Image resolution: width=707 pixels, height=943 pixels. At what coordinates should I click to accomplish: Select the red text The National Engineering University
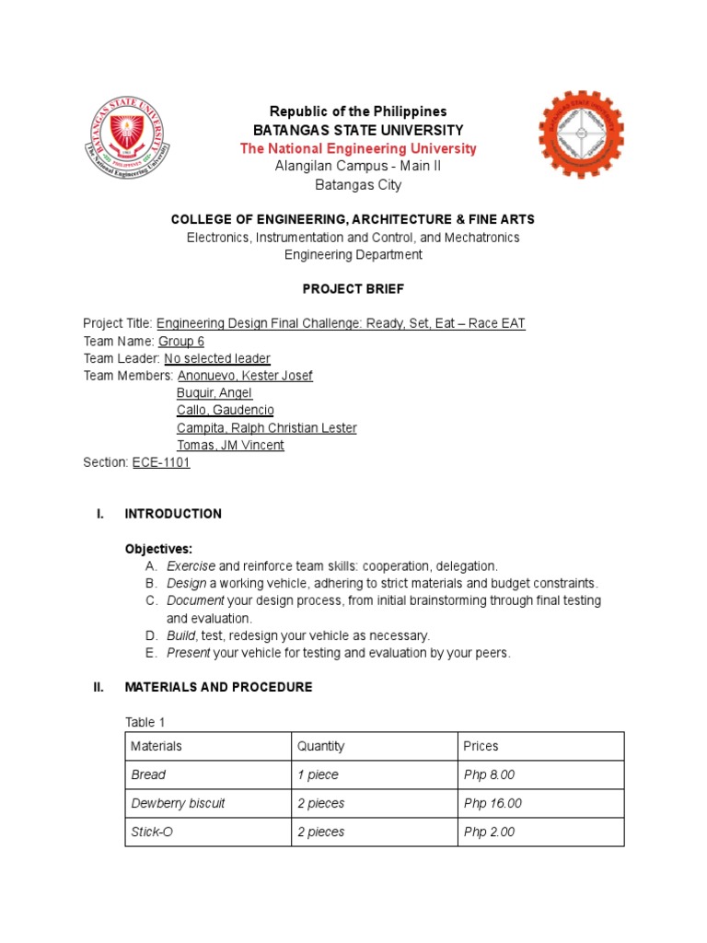pyautogui.click(x=358, y=148)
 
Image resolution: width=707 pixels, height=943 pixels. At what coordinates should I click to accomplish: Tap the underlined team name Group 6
pyautogui.click(x=181, y=342)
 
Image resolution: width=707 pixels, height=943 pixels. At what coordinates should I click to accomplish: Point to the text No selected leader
pyautogui.click(x=217, y=359)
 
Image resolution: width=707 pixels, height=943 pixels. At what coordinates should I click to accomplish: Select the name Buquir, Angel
pyautogui.click(x=214, y=393)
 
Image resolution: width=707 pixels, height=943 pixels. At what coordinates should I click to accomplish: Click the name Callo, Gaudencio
pyautogui.click(x=225, y=411)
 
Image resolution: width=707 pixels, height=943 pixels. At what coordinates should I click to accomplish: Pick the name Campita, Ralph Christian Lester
pyautogui.click(x=266, y=428)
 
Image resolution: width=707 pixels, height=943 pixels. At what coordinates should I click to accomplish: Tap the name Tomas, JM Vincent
pyautogui.click(x=230, y=446)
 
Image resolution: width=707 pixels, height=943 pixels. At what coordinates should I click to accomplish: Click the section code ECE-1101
pyautogui.click(x=161, y=463)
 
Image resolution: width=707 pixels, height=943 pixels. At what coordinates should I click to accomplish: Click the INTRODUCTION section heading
pyautogui.click(x=173, y=514)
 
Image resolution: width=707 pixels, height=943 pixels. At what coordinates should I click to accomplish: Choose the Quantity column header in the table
pyautogui.click(x=320, y=746)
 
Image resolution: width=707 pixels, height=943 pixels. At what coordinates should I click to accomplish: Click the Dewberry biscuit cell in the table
pyautogui.click(x=178, y=803)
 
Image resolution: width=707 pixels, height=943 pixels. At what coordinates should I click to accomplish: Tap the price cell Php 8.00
pyautogui.click(x=490, y=774)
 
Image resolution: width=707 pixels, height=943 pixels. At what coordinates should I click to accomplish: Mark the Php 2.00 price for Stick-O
pyautogui.click(x=490, y=832)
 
